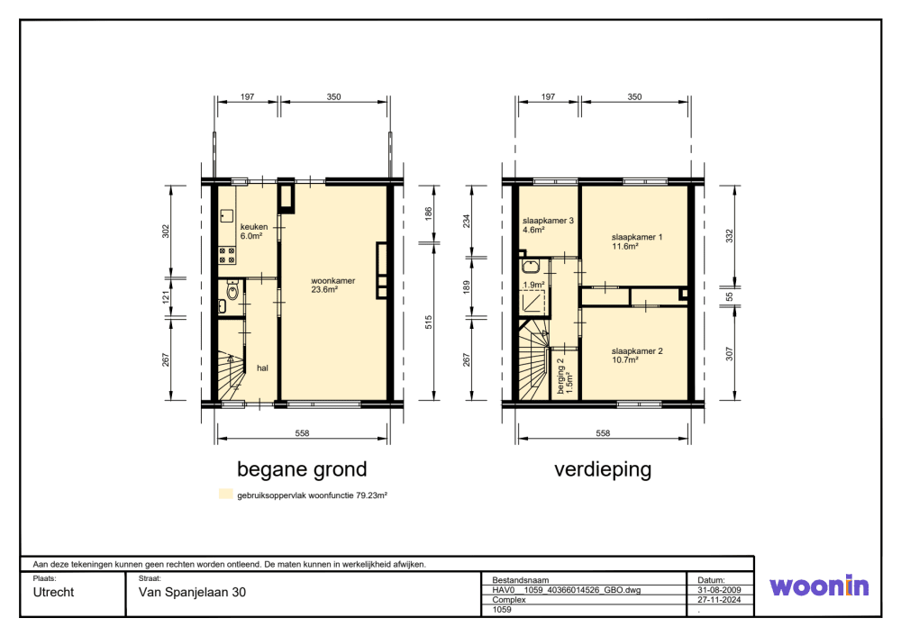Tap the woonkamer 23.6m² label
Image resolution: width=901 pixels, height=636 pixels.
(x=332, y=285)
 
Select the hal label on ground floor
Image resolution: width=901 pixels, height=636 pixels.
(x=262, y=368)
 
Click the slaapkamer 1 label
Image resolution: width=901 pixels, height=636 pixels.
(x=637, y=241)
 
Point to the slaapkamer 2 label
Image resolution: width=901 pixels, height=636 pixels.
(x=637, y=355)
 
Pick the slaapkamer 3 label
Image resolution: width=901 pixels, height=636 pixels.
(x=548, y=224)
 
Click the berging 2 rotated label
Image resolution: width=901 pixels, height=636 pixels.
(x=565, y=377)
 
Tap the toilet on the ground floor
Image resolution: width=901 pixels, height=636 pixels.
(x=232, y=291)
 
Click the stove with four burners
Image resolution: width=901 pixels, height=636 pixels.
(x=228, y=255)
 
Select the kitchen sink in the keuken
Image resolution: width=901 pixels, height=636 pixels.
(x=226, y=215)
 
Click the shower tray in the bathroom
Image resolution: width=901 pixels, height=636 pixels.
(x=532, y=302)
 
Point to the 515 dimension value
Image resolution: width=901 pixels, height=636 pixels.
(x=428, y=323)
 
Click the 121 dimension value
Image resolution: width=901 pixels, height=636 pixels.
(x=166, y=297)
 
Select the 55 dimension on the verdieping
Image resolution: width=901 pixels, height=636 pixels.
(x=729, y=297)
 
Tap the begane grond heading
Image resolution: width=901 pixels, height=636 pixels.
(x=302, y=469)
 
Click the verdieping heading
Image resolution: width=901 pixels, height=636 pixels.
(x=603, y=469)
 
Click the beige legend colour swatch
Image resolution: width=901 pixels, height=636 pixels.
(x=226, y=494)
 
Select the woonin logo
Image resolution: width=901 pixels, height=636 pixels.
(x=819, y=586)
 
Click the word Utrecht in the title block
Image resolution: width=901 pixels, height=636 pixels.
(x=53, y=593)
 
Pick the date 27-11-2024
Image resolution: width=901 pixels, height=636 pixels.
(x=719, y=599)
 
